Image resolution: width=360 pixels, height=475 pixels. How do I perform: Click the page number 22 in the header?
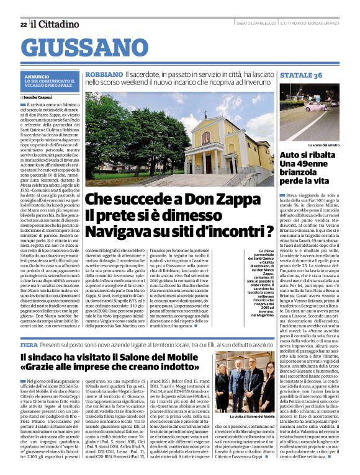(x=23, y=24)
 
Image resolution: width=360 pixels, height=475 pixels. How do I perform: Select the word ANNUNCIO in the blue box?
(x=37, y=76)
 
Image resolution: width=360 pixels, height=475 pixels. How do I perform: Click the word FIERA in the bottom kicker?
(x=29, y=344)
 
